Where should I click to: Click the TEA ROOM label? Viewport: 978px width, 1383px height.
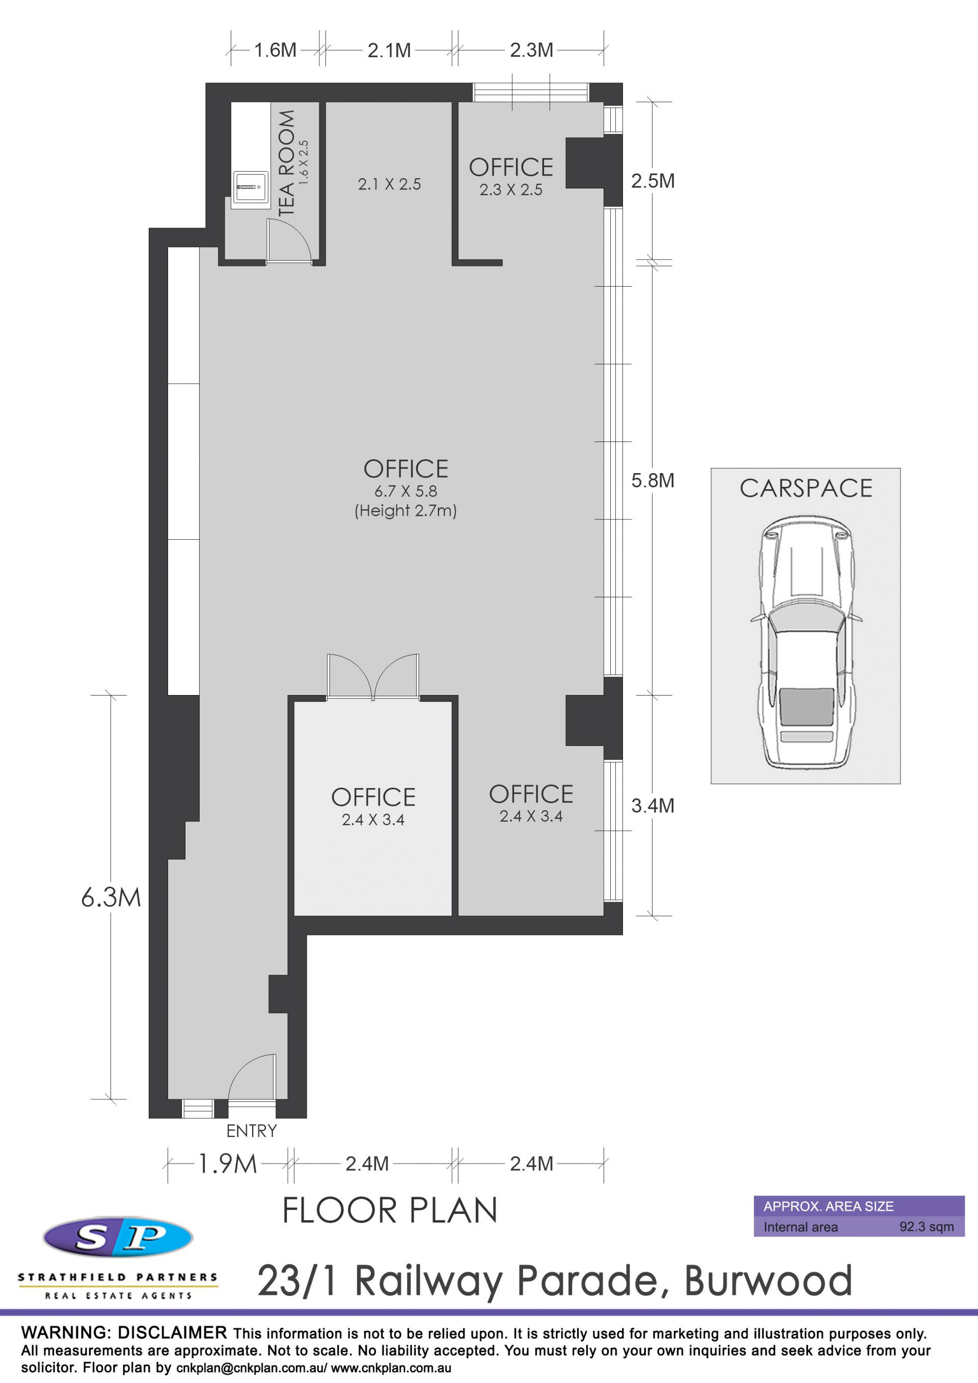(287, 162)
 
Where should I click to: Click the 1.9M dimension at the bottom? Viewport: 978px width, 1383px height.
(227, 1163)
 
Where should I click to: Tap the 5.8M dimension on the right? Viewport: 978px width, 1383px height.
(653, 480)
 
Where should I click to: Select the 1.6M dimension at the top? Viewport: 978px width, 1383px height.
(275, 49)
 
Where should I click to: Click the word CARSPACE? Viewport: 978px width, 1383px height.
(806, 488)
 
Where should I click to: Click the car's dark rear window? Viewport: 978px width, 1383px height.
(807, 706)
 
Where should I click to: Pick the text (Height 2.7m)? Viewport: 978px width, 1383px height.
(405, 511)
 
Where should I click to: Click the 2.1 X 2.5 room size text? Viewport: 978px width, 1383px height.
(389, 184)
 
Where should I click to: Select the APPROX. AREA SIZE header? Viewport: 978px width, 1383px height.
(829, 1206)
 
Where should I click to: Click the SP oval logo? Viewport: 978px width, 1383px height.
(118, 1237)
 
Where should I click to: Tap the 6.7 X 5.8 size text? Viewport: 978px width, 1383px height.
(405, 491)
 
